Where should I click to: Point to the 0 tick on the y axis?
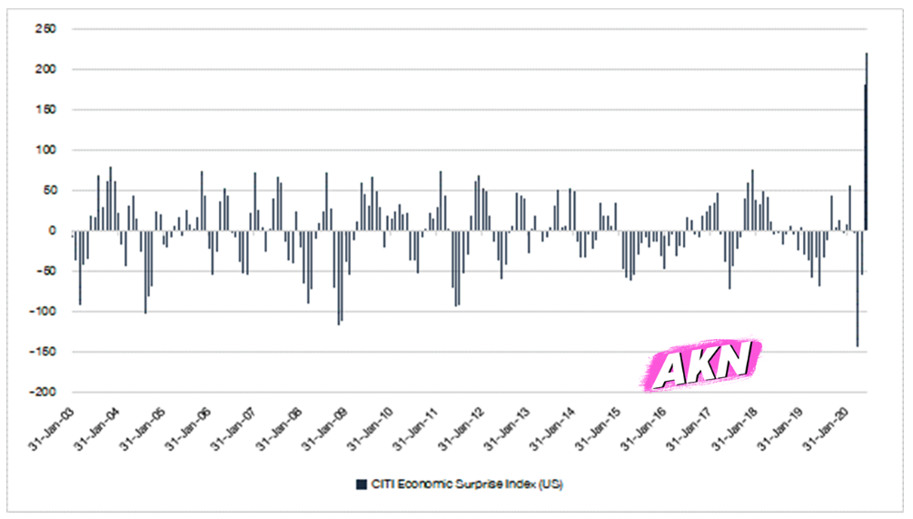tap(53, 231)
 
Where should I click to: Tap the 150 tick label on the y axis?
tap(47, 110)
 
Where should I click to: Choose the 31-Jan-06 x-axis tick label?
tap(190, 427)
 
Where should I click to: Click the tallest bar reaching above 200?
tap(867, 136)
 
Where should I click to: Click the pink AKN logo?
tap(702, 364)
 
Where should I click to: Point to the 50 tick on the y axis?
tap(50, 190)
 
